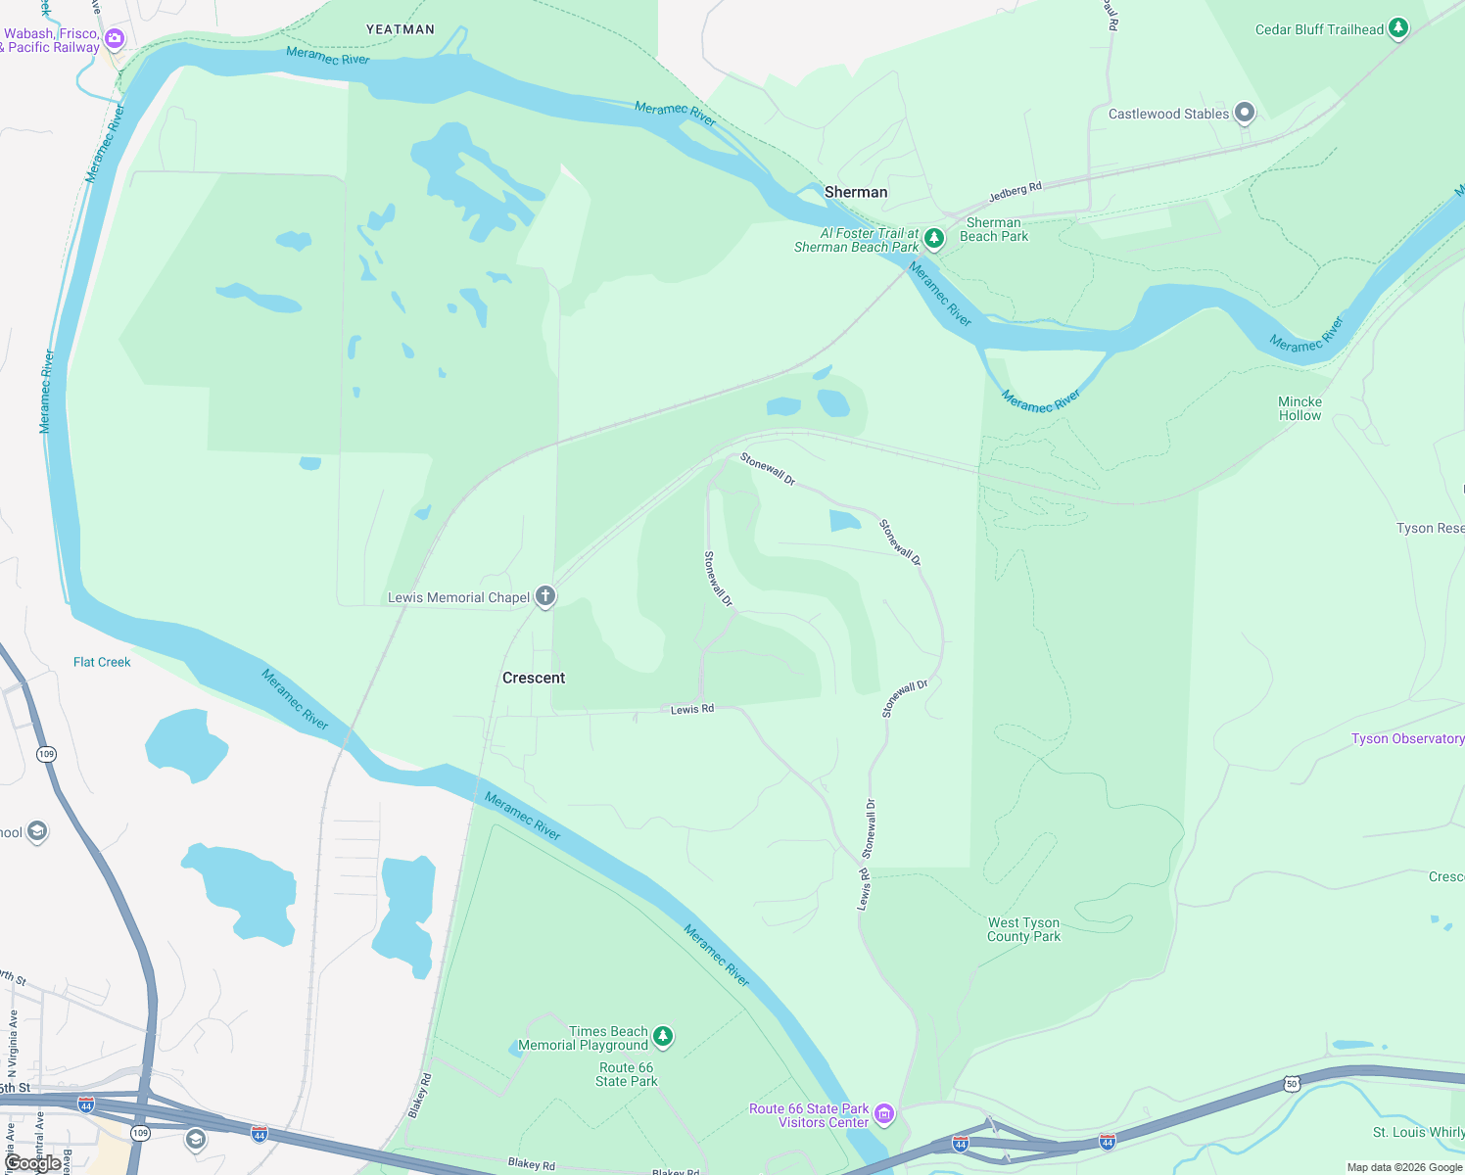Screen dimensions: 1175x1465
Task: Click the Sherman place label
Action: coord(856,192)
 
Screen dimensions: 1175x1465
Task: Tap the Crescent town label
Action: coord(534,678)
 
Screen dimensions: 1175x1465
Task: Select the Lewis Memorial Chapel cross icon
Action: coord(545,596)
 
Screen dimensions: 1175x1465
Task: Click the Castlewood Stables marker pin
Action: coord(1245,114)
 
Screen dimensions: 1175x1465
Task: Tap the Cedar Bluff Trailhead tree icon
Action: coord(1398,28)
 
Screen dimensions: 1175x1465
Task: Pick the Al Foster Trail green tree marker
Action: coord(934,238)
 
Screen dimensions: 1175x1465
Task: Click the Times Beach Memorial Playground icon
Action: coord(663,1036)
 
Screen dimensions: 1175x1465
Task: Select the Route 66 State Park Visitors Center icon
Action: coord(884,1113)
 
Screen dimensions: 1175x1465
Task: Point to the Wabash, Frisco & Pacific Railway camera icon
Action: coord(115,39)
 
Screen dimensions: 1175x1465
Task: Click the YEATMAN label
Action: coord(401,29)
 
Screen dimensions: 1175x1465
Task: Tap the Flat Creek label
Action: coord(102,662)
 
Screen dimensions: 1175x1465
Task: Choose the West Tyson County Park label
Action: coord(1023,929)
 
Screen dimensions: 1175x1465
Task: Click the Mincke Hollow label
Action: coord(1300,408)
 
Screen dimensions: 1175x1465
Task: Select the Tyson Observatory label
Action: coord(1407,738)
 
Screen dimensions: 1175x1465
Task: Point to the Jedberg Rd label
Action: coord(1016,192)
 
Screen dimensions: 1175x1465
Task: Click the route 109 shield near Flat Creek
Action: coord(46,754)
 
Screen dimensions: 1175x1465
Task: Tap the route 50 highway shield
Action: coord(1292,1084)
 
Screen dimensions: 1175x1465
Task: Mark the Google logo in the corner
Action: coord(32,1163)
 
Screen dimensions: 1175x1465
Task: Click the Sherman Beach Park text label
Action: coord(994,229)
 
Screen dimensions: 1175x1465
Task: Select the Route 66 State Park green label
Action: coord(626,1074)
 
